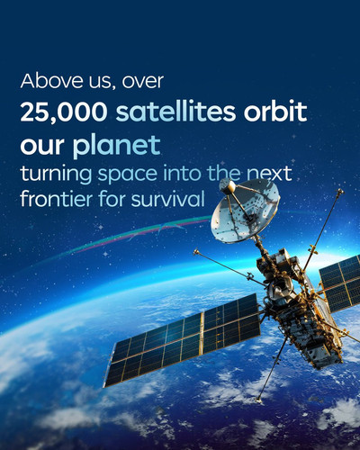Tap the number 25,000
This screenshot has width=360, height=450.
pyautogui.click(x=63, y=112)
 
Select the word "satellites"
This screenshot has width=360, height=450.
pyautogui.click(x=175, y=112)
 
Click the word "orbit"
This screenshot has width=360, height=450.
pyautogui.click(x=275, y=112)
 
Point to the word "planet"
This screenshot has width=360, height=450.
pyautogui.click(x=116, y=146)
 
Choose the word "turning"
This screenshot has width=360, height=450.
pyautogui.click(x=56, y=175)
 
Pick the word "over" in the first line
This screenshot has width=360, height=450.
pyautogui.click(x=143, y=82)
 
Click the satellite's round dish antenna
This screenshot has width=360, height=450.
pyautogui.click(x=245, y=211)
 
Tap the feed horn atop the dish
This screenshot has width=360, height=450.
pyautogui.click(x=228, y=186)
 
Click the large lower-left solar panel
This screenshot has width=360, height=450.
pyautogui.click(x=183, y=340)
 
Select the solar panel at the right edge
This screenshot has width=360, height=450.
pyautogui.click(x=340, y=283)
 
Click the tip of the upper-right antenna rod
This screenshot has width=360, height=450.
pyautogui.click(x=340, y=191)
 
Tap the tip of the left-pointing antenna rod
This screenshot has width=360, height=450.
pyautogui.click(x=196, y=251)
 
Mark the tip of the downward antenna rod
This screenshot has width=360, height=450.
pyautogui.click(x=258, y=400)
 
